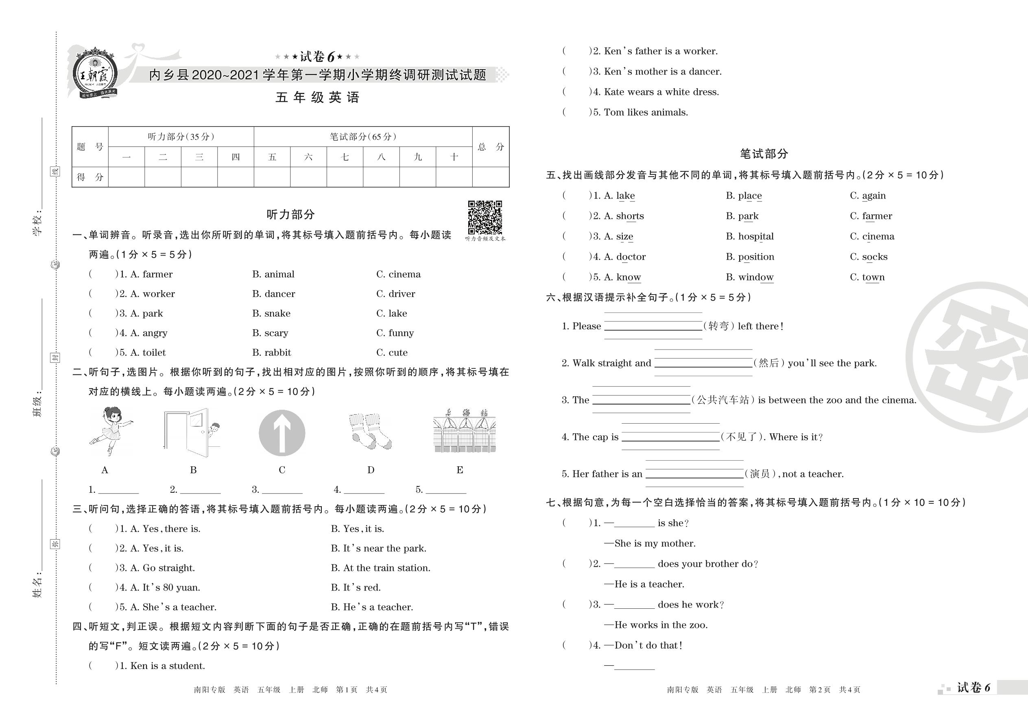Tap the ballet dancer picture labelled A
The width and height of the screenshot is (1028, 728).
click(x=110, y=431)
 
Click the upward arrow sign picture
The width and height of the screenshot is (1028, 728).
click(x=282, y=433)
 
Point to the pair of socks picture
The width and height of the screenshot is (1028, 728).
click(x=370, y=431)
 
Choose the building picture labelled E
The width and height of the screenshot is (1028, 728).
click(x=464, y=431)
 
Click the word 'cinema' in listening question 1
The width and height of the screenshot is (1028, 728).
click(x=404, y=274)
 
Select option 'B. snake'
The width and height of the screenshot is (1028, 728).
click(x=271, y=313)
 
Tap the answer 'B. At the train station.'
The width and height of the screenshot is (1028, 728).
click(x=380, y=568)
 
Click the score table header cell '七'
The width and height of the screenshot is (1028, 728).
click(x=345, y=157)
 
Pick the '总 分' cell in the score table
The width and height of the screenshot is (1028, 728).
click(x=491, y=146)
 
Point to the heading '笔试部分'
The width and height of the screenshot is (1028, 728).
click(x=764, y=154)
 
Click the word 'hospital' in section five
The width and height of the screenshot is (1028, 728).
click(x=755, y=236)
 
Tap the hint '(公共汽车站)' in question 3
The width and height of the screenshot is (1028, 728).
click(x=723, y=400)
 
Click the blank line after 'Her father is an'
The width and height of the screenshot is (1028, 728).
click(x=694, y=474)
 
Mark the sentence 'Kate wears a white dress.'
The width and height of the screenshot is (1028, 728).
click(x=661, y=92)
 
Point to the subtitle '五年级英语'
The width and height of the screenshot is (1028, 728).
click(x=317, y=97)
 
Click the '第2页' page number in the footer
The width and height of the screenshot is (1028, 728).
click(x=820, y=689)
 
